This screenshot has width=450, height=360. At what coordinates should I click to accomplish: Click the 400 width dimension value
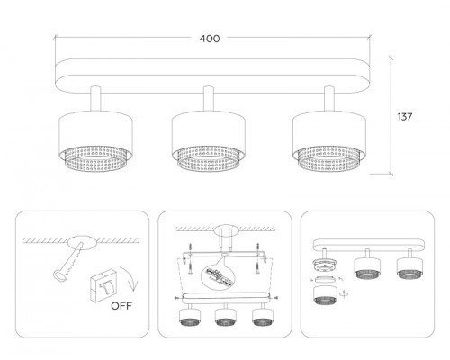click(x=210, y=39)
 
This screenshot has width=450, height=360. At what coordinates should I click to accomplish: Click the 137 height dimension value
click(x=405, y=117)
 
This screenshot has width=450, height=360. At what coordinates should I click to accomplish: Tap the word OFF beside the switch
click(x=121, y=306)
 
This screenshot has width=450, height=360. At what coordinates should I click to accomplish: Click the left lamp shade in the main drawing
click(x=95, y=141)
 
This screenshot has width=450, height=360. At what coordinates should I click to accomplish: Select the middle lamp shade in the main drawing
click(x=209, y=141)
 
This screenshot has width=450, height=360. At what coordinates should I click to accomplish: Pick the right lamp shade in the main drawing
click(x=329, y=141)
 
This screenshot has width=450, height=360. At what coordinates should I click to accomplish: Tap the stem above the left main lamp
click(x=95, y=99)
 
